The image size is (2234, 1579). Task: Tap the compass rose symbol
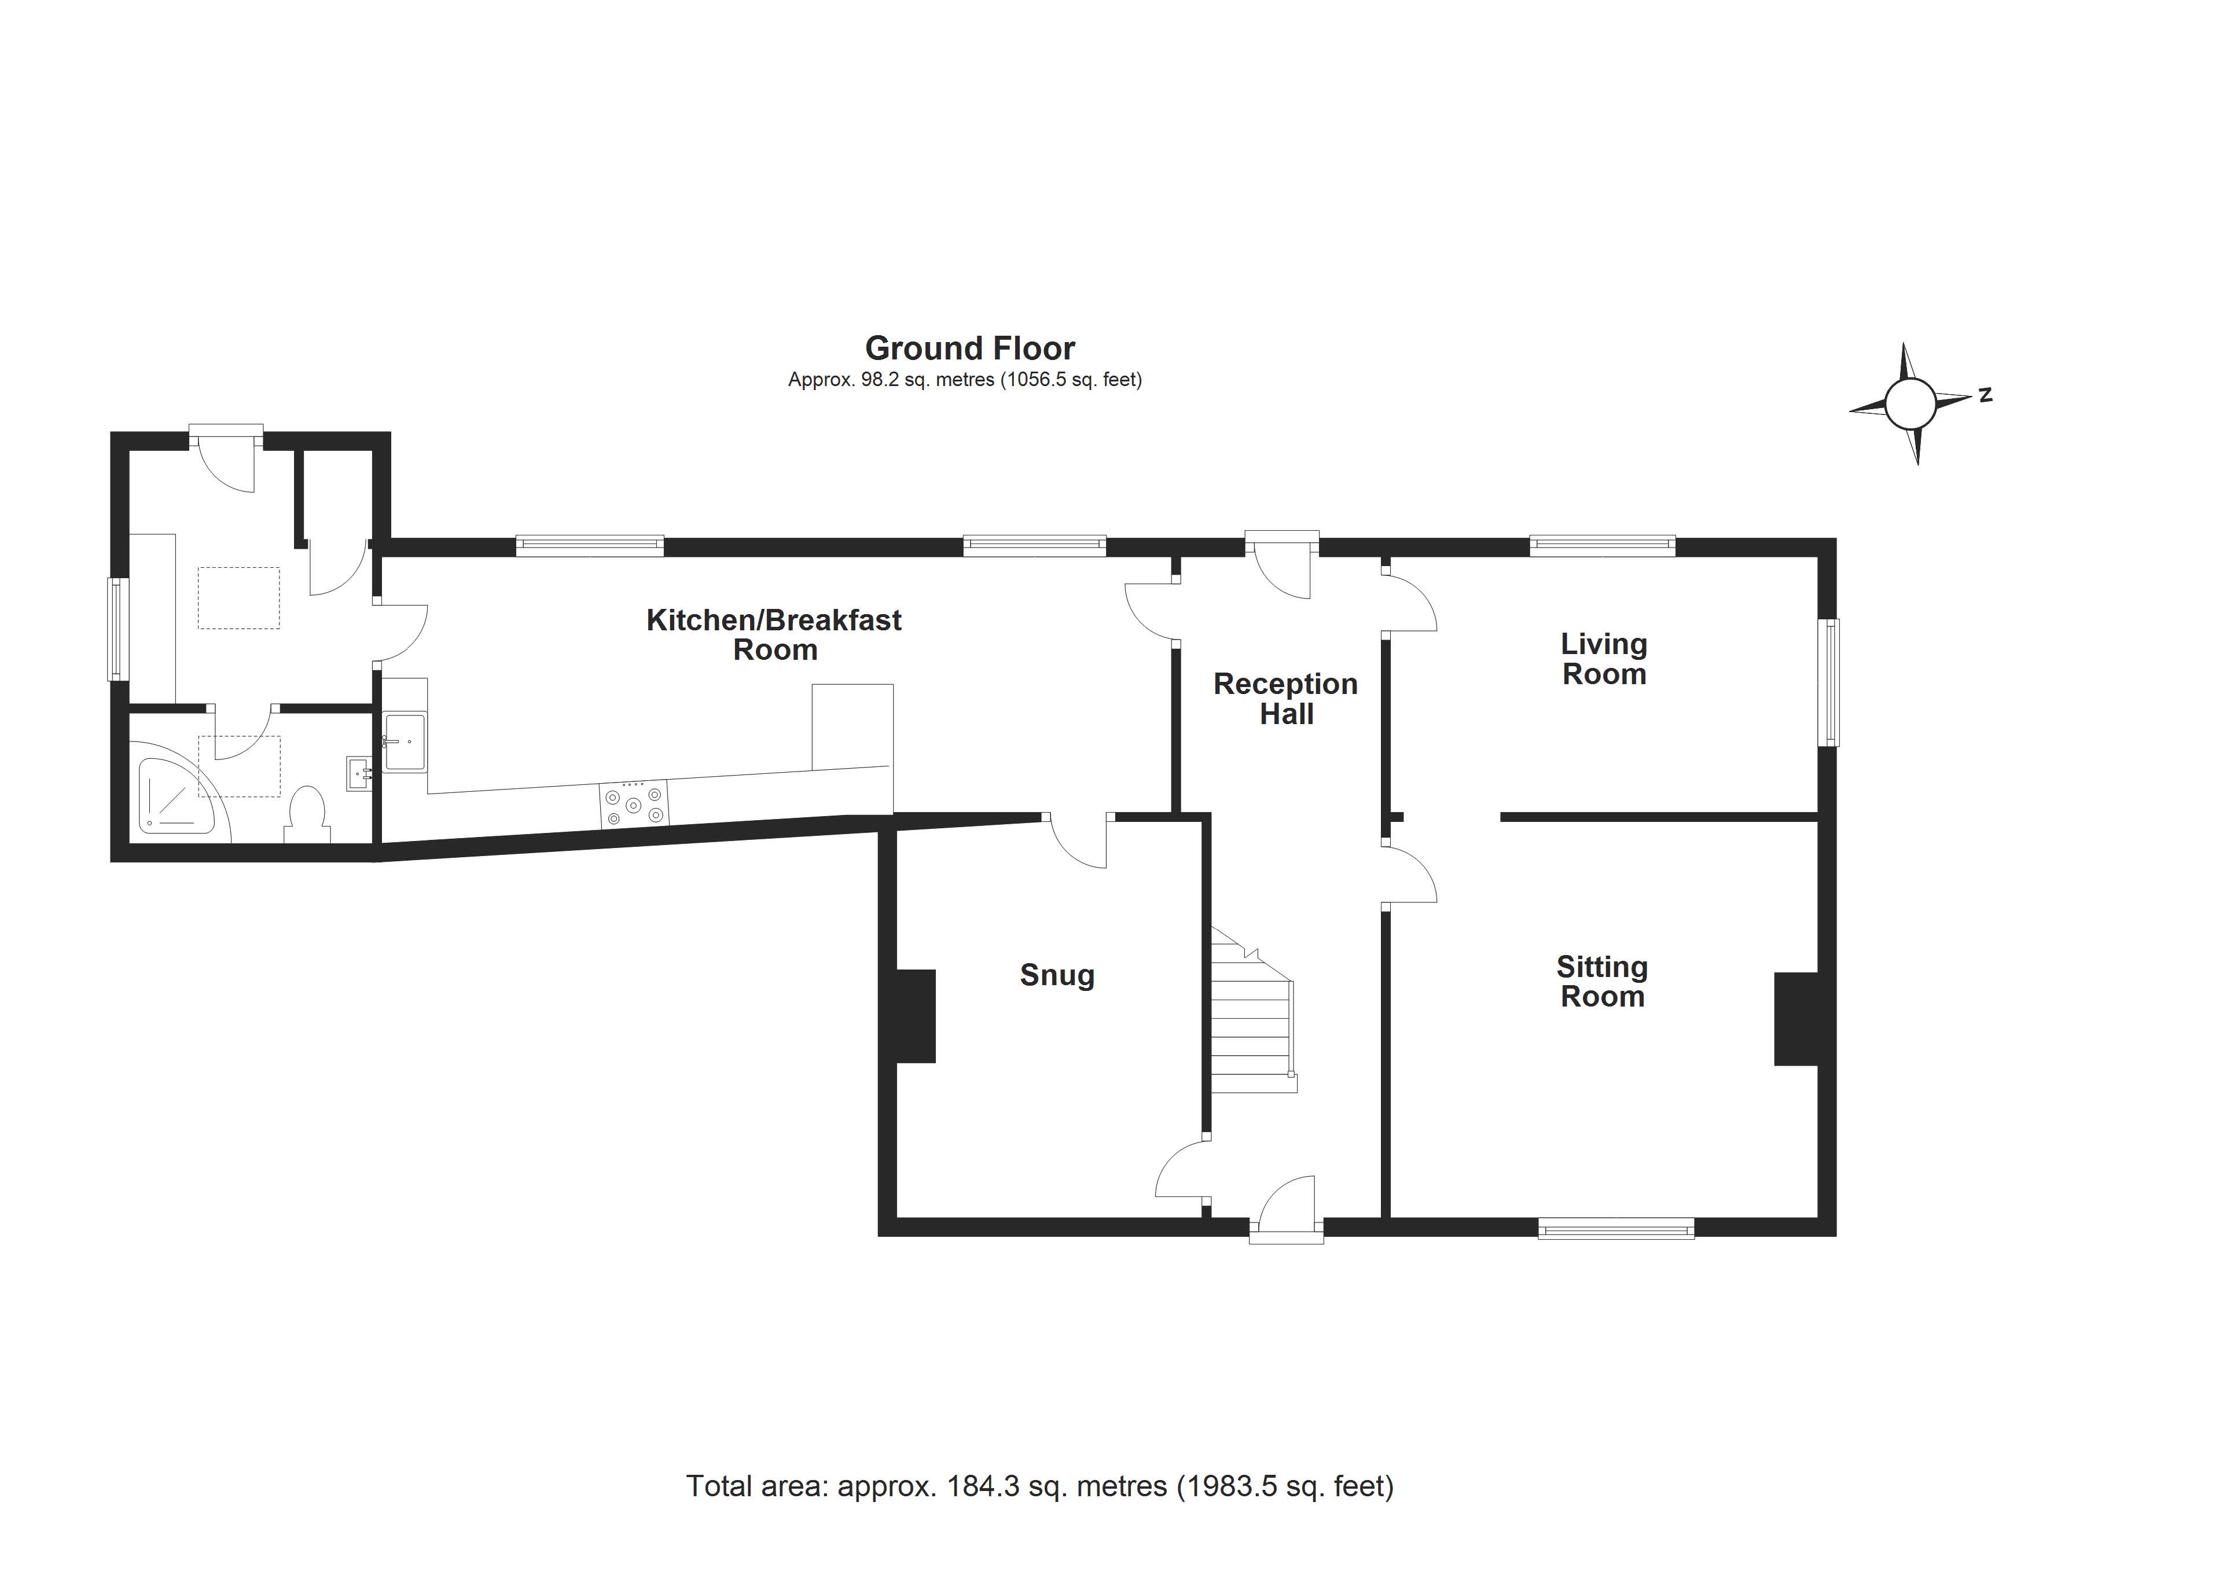(x=1910, y=404)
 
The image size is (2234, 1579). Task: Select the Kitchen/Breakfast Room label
(x=774, y=634)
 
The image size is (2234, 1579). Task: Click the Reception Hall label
(x=1285, y=699)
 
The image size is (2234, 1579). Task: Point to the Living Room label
(x=1604, y=659)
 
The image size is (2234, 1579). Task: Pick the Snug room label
(x=1057, y=975)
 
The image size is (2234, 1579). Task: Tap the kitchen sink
(x=405, y=741)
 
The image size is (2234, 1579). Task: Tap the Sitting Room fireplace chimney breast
(x=1796, y=1019)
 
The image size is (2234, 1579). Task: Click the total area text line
(x=1039, y=1486)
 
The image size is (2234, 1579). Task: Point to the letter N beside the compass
(x=1985, y=394)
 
